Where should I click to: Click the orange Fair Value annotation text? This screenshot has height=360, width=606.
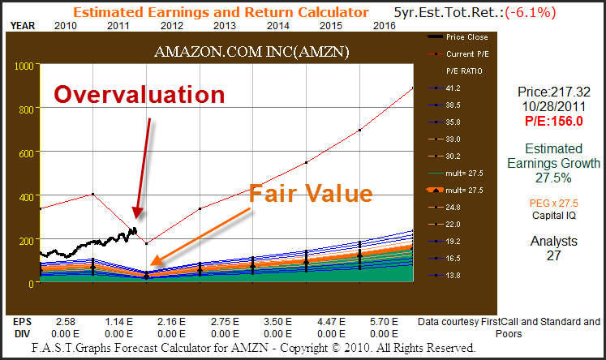click(x=311, y=194)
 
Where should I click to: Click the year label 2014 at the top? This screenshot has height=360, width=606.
click(x=277, y=26)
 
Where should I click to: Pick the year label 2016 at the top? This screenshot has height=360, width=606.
click(x=384, y=26)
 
